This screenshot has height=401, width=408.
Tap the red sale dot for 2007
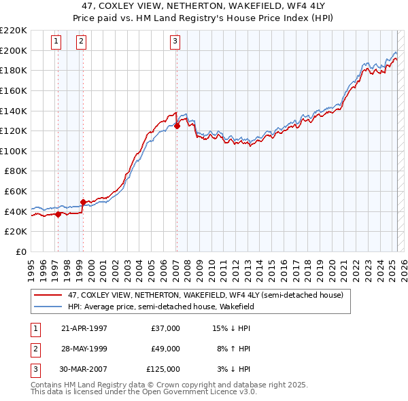[x=177, y=126]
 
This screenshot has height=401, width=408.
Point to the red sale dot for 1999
[x=83, y=202]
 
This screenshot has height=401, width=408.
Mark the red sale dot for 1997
[x=58, y=214]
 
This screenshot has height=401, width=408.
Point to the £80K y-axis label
[x=15, y=171]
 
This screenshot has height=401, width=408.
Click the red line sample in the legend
[x=48, y=296]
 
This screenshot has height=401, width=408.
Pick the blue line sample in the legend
[x=48, y=307]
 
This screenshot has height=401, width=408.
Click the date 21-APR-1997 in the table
[x=84, y=328]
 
